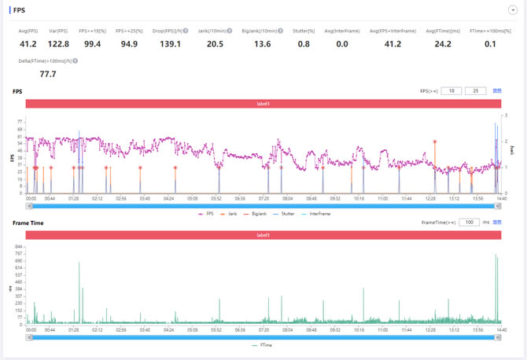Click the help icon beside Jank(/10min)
(230, 31)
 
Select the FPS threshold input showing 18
(451, 91)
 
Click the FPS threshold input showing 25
(475, 91)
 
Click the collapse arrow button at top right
(512, 10)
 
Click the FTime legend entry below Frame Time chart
(264, 344)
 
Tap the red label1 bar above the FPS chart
(263, 104)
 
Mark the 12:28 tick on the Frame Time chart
(430, 330)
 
